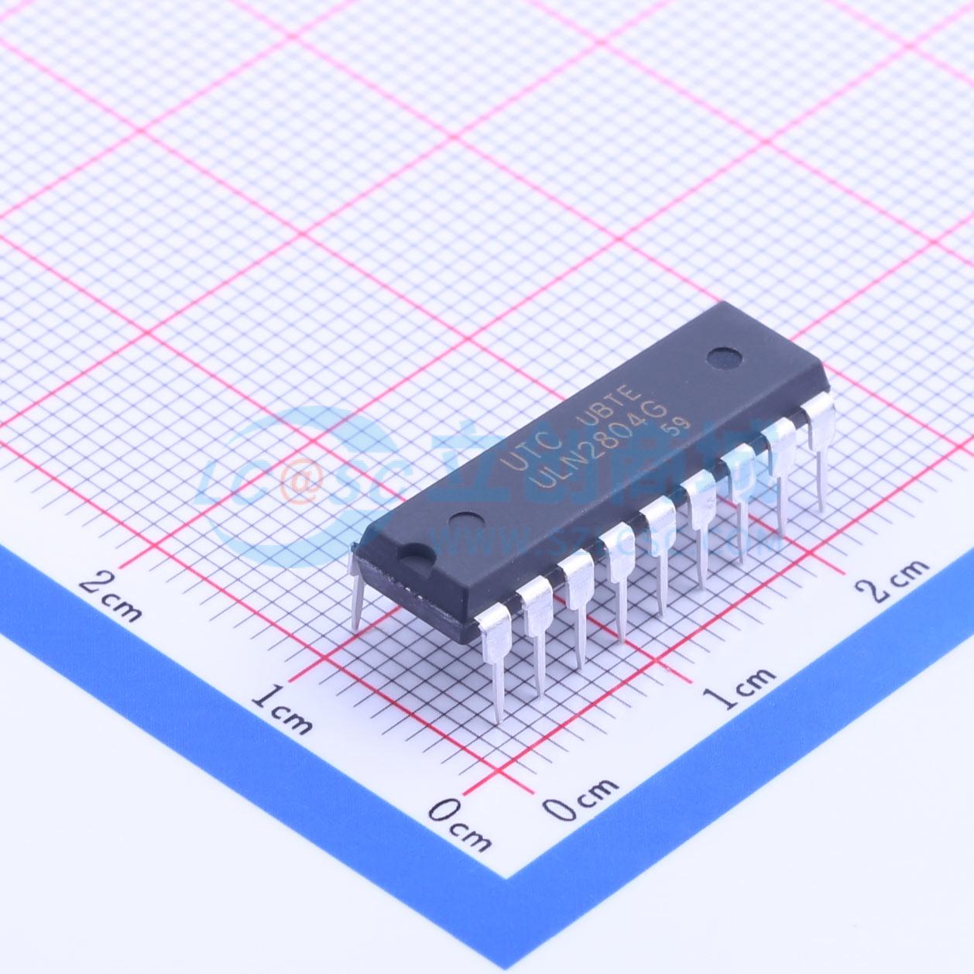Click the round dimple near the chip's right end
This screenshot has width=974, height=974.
[725, 357]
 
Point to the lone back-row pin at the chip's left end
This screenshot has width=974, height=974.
[356, 588]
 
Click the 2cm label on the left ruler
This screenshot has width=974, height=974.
[111, 592]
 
